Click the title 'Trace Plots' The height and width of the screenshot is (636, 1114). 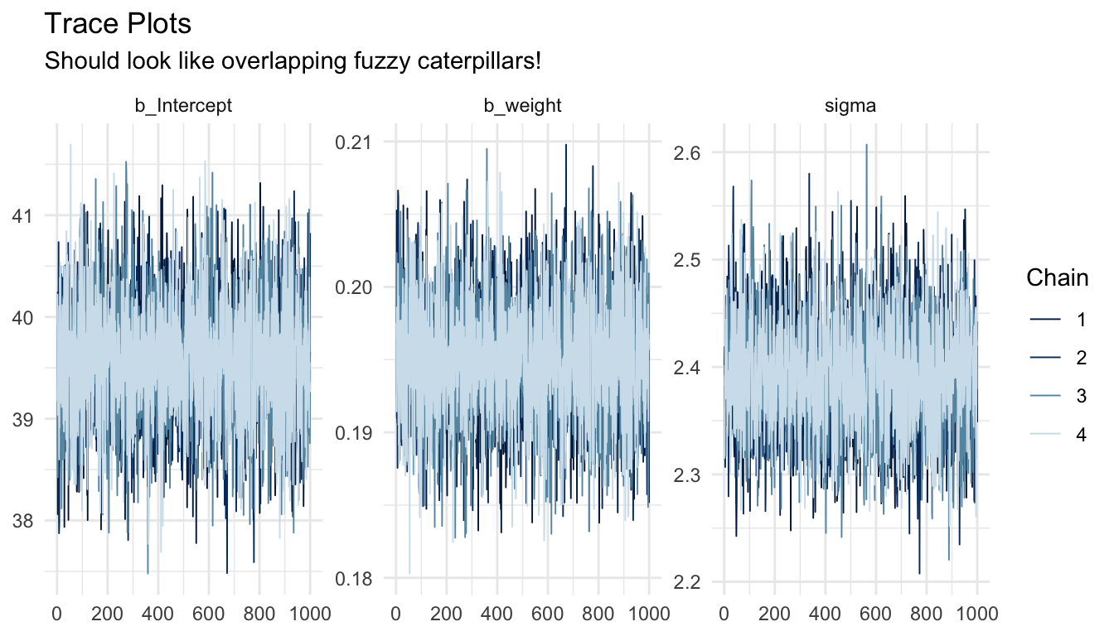coord(117,25)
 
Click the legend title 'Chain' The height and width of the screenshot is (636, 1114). coord(1057,279)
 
